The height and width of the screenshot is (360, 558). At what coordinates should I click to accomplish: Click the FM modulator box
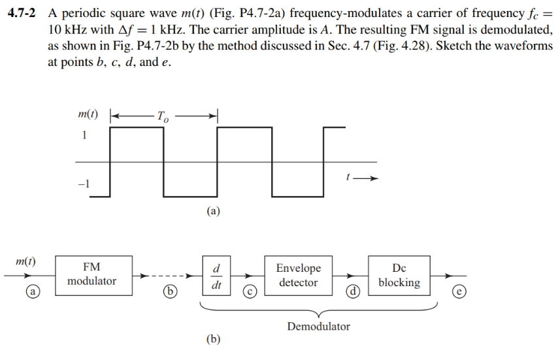pyautogui.click(x=91, y=275)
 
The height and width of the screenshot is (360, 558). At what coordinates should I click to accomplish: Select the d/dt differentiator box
pyautogui.click(x=216, y=276)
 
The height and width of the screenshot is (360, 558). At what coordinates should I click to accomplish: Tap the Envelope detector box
pyautogui.click(x=298, y=276)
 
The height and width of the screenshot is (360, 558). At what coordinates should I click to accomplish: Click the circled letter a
pyautogui.click(x=30, y=290)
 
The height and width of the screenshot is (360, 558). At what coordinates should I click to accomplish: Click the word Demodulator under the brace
pyautogui.click(x=318, y=326)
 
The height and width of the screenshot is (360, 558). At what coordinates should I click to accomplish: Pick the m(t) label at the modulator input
pyautogui.click(x=25, y=261)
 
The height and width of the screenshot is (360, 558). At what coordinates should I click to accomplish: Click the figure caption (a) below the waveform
pyautogui.click(x=213, y=211)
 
